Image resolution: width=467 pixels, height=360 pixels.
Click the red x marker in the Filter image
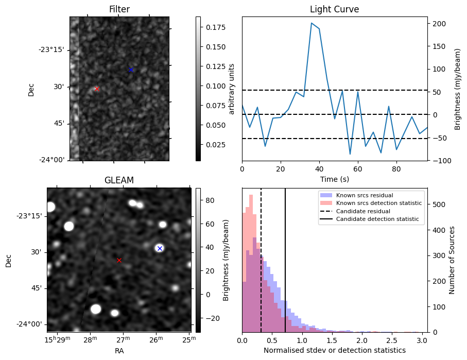[x=97, y=89]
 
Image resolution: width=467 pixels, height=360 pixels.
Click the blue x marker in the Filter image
[x=131, y=70]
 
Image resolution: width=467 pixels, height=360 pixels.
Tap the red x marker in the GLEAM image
[x=119, y=260]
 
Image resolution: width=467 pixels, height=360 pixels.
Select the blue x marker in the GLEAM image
[x=160, y=248]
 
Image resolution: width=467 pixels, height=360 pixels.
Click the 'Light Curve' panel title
[x=334, y=9]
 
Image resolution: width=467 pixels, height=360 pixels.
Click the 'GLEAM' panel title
[x=119, y=180]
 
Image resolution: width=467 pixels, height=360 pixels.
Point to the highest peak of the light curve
[x=312, y=23]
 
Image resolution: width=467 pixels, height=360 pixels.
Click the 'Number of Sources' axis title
[x=452, y=260]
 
